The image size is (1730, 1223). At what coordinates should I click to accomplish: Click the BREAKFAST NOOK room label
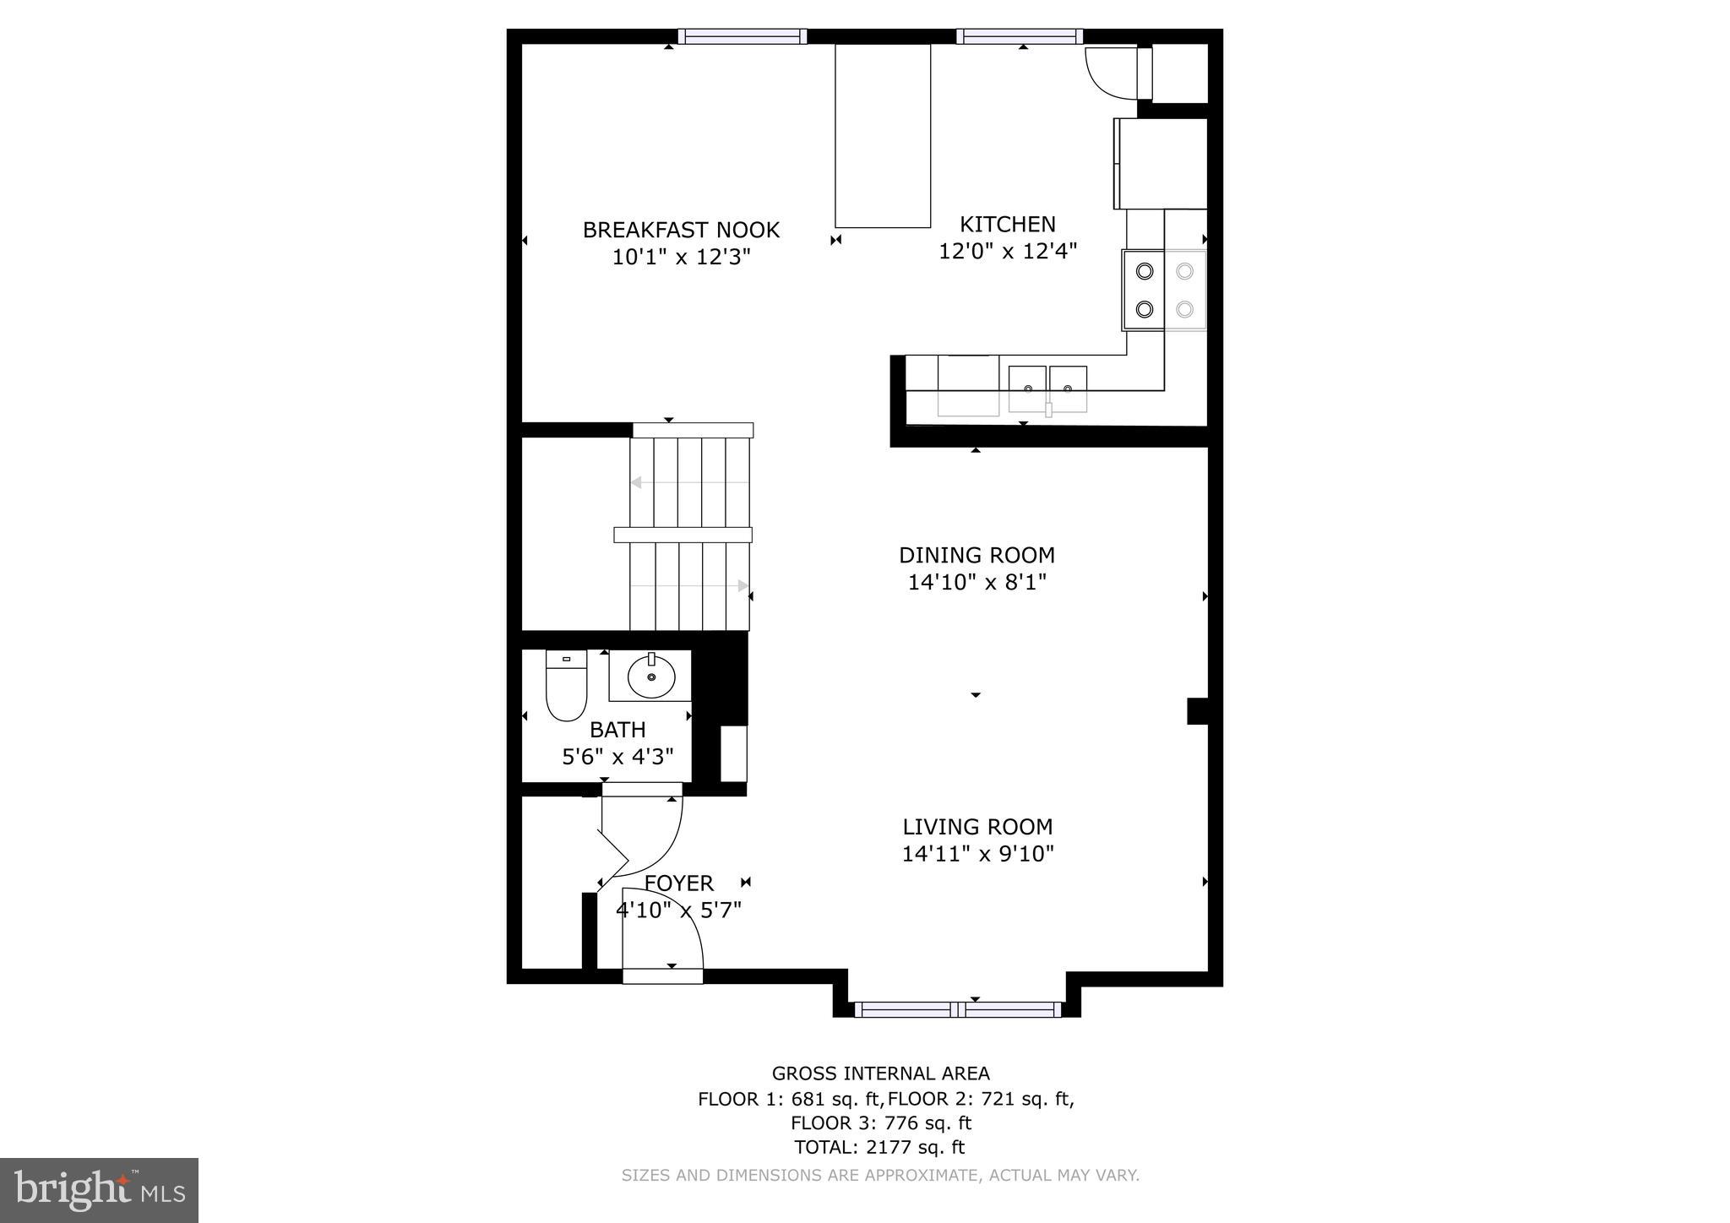(x=681, y=230)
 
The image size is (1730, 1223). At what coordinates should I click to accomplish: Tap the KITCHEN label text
(x=1008, y=225)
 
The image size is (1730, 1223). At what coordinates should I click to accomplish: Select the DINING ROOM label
(x=977, y=556)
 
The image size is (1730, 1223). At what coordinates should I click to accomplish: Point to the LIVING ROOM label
(x=977, y=827)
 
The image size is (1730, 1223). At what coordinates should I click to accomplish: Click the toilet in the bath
(x=566, y=685)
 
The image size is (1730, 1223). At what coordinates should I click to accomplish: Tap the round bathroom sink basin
(x=651, y=677)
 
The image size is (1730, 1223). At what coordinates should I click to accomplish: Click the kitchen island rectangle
(x=883, y=136)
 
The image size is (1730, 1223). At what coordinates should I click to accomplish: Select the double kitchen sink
(x=1047, y=389)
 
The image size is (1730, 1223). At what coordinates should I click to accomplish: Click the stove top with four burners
(x=1164, y=290)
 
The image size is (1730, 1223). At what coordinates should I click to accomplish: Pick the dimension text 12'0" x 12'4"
(x=1008, y=252)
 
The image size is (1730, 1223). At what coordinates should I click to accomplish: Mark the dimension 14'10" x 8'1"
(x=977, y=583)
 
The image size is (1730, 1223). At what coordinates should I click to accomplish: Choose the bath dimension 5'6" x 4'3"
(x=617, y=757)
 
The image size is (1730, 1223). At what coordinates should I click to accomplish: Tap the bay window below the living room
(x=957, y=1009)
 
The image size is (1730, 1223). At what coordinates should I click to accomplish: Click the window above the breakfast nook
(x=743, y=36)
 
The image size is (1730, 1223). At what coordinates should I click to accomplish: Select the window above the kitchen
(x=1019, y=36)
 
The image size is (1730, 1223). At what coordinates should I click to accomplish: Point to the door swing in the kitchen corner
(x=1111, y=72)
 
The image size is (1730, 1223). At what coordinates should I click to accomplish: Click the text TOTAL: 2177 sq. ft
(x=879, y=1147)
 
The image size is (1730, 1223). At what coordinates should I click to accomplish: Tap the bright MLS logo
(x=99, y=1190)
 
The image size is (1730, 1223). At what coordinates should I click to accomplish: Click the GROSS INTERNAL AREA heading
(x=880, y=1074)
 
